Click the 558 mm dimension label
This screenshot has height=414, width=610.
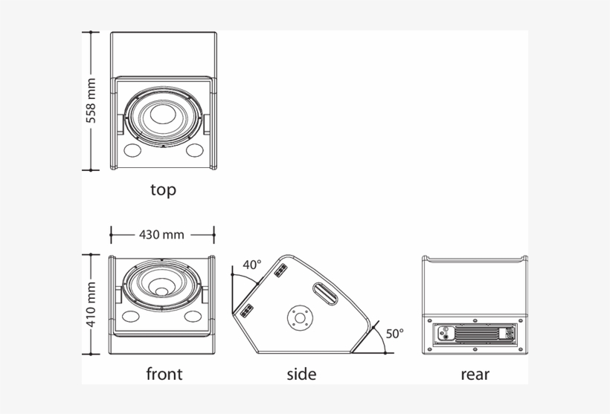(91, 100)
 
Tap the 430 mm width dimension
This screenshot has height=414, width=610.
(161, 235)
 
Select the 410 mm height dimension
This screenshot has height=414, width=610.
(91, 305)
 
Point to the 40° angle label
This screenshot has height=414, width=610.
(252, 265)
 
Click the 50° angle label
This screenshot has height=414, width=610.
(394, 334)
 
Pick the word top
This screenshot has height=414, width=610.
(163, 190)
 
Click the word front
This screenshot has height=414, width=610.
(164, 374)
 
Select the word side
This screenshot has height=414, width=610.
(301, 374)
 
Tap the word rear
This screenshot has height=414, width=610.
(475, 374)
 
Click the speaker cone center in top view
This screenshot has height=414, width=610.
(163, 117)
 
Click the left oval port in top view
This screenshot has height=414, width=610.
(132, 151)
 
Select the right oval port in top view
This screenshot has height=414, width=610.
(195, 151)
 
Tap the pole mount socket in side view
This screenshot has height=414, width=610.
(300, 318)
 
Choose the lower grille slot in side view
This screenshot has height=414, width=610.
(246, 309)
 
